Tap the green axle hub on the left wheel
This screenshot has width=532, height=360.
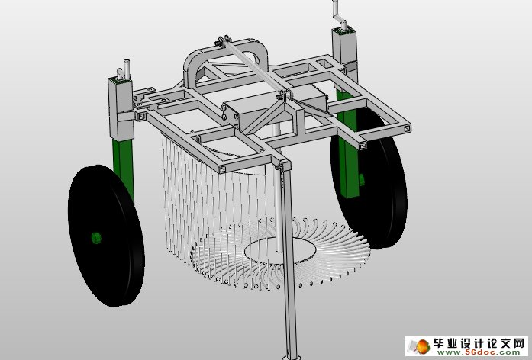95,238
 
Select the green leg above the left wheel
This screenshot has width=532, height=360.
123,164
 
